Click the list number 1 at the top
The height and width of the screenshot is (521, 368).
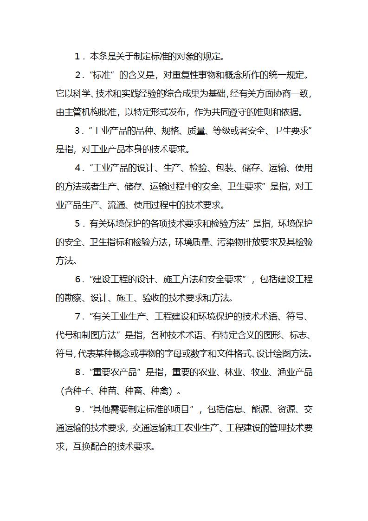pyautogui.click(x=77, y=57)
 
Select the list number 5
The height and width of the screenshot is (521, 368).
pyautogui.click(x=77, y=224)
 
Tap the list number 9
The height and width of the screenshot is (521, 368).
pyautogui.click(x=77, y=410)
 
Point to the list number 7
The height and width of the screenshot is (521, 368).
pyautogui.click(x=77, y=317)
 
